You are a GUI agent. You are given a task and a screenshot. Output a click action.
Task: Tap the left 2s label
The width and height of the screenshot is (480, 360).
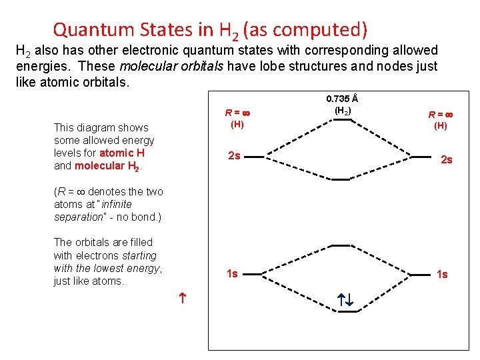pos(234,156)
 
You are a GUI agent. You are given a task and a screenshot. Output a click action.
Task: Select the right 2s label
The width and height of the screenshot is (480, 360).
pos(446,160)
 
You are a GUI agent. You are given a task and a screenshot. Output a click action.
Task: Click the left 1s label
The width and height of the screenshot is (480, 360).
pos(232,273)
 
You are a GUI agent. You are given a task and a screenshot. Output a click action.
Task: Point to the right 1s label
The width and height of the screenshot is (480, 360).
pos(442,274)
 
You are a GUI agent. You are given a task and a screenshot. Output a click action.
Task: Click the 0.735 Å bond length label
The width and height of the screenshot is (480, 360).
pos(343,99)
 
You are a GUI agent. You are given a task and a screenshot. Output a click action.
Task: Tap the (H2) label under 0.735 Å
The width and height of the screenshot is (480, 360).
pos(343,111)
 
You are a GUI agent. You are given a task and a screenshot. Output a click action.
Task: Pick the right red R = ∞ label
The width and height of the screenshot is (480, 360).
pos(441,113)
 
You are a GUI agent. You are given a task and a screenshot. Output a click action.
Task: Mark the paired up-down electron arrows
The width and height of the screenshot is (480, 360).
pos(345,301)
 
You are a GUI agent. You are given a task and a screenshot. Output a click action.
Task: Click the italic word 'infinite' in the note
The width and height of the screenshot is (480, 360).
pos(117,205)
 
